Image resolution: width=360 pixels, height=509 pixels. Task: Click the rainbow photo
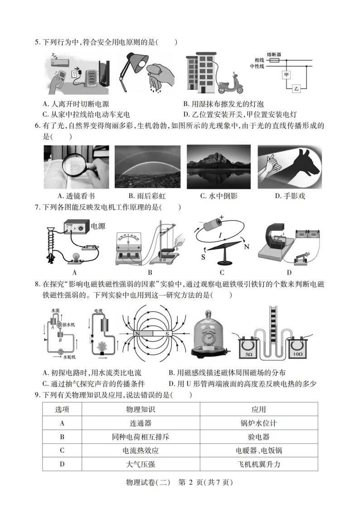(x=147, y=166)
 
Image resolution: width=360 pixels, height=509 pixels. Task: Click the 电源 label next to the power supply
(x=98, y=226)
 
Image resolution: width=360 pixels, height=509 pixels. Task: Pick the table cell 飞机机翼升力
(x=258, y=465)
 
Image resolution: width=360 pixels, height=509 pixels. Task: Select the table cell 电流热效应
(x=140, y=451)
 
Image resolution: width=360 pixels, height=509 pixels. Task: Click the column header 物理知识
(x=140, y=409)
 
